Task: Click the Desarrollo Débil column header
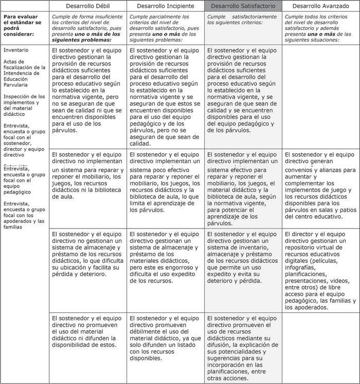pos(88,6)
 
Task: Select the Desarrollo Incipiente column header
pos(166,6)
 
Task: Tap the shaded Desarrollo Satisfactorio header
pos(243,6)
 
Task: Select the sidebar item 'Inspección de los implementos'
pos(24,105)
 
